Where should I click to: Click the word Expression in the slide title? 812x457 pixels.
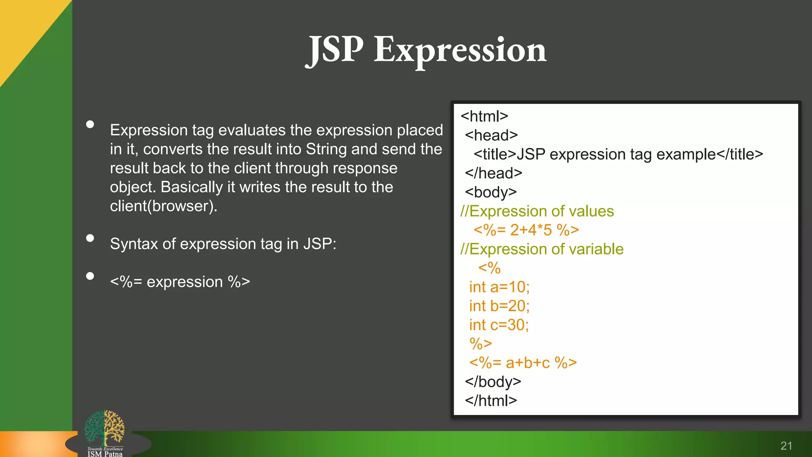[460, 50]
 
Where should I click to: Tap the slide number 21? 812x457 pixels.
[786, 446]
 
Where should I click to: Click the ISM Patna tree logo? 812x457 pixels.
[105, 430]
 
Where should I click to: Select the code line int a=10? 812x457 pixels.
[499, 287]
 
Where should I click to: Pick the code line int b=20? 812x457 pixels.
[499, 306]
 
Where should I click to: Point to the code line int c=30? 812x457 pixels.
[499, 325]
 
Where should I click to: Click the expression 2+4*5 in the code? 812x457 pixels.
[531, 230]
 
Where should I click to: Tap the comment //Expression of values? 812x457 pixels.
[537, 211]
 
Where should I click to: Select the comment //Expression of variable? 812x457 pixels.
[542, 249]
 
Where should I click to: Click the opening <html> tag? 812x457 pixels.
[484, 116]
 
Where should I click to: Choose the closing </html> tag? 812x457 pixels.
[491, 401]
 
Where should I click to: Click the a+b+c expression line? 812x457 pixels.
[523, 363]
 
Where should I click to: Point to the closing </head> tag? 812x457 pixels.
[493, 173]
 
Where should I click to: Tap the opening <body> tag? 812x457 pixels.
[491, 192]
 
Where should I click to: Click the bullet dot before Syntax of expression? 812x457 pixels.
[90, 238]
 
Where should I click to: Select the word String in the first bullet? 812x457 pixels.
[326, 149]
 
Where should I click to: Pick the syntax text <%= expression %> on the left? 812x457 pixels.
[180, 282]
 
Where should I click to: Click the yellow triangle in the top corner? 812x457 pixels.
[24, 28]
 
